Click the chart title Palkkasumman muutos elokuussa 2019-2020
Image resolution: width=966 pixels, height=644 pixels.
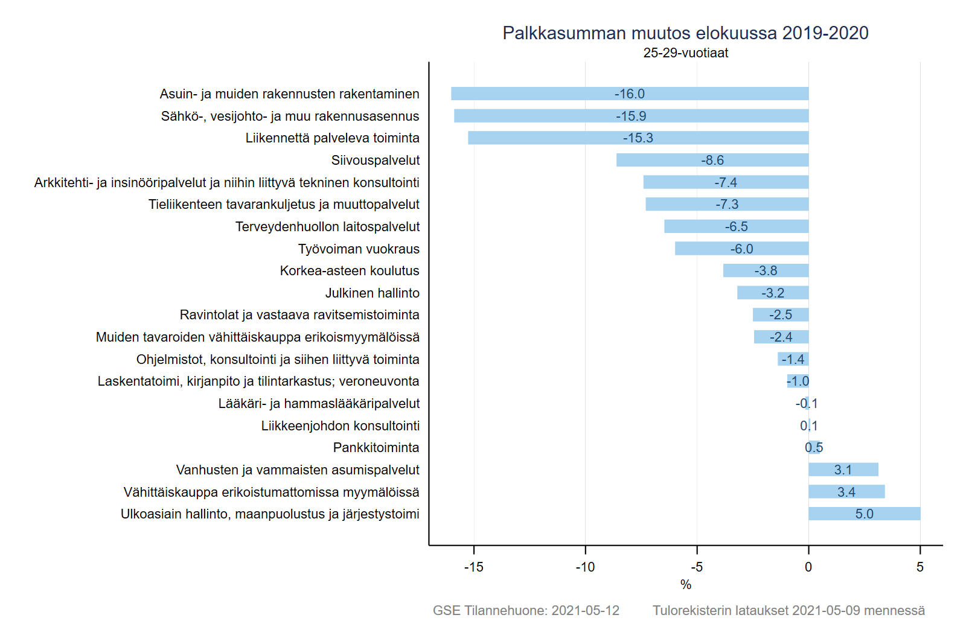coord(685,33)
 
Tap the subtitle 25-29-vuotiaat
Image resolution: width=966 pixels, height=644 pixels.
coord(685,53)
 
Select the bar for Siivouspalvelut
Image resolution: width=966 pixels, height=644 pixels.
coord(664,160)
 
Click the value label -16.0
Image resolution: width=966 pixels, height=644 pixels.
coord(630,94)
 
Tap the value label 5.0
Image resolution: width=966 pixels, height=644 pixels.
coord(864,514)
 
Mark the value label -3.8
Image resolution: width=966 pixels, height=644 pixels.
coord(766,270)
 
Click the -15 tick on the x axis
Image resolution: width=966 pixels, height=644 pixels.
coord(474,567)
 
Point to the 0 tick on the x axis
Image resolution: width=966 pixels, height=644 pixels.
coord(808,567)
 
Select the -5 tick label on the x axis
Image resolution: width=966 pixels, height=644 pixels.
coord(697,567)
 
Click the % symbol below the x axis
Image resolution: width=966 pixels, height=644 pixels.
coord(685,584)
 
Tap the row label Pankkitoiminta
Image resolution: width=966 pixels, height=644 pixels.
coord(376,447)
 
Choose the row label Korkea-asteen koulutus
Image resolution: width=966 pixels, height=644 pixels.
coord(350,270)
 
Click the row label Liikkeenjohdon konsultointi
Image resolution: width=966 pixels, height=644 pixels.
coord(341,426)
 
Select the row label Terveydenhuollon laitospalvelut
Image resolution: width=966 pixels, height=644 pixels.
coord(327,226)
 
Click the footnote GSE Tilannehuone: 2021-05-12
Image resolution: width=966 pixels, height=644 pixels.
coord(526,610)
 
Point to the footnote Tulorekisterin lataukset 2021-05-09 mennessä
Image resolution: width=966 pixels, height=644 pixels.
coord(788,610)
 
